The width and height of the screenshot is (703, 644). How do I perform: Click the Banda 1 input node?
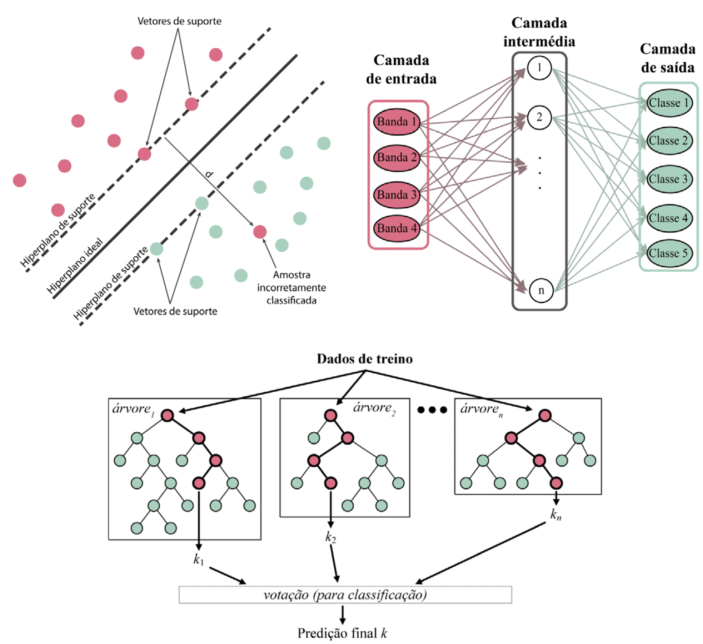click(x=397, y=122)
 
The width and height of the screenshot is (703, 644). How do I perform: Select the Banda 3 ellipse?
click(x=397, y=195)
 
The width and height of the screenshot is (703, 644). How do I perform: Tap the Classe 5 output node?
click(x=668, y=253)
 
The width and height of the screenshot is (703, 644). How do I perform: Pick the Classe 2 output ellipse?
click(x=668, y=141)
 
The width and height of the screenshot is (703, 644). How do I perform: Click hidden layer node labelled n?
click(x=541, y=291)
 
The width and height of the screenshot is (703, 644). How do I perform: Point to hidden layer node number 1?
click(x=539, y=68)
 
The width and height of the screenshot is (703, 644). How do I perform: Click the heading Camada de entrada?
click(x=401, y=70)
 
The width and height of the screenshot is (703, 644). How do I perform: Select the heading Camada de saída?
click(x=667, y=58)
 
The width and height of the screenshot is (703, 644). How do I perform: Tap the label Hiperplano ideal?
click(x=75, y=265)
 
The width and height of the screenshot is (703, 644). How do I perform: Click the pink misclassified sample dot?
click(x=260, y=232)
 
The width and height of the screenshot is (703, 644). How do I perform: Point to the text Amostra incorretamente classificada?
click(x=292, y=287)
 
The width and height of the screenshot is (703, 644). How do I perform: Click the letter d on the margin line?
click(x=208, y=174)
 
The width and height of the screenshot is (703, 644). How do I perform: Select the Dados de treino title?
click(x=365, y=359)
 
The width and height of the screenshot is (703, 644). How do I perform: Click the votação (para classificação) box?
click(x=345, y=595)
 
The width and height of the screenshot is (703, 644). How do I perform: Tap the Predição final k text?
click(x=342, y=633)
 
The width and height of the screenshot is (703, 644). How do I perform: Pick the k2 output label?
click(x=331, y=537)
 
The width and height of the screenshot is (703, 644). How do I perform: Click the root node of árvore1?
click(x=167, y=416)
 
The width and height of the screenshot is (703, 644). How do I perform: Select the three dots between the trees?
click(x=432, y=410)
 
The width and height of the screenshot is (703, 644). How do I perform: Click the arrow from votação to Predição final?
click(x=342, y=614)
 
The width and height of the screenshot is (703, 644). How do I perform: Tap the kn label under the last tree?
click(x=556, y=514)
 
